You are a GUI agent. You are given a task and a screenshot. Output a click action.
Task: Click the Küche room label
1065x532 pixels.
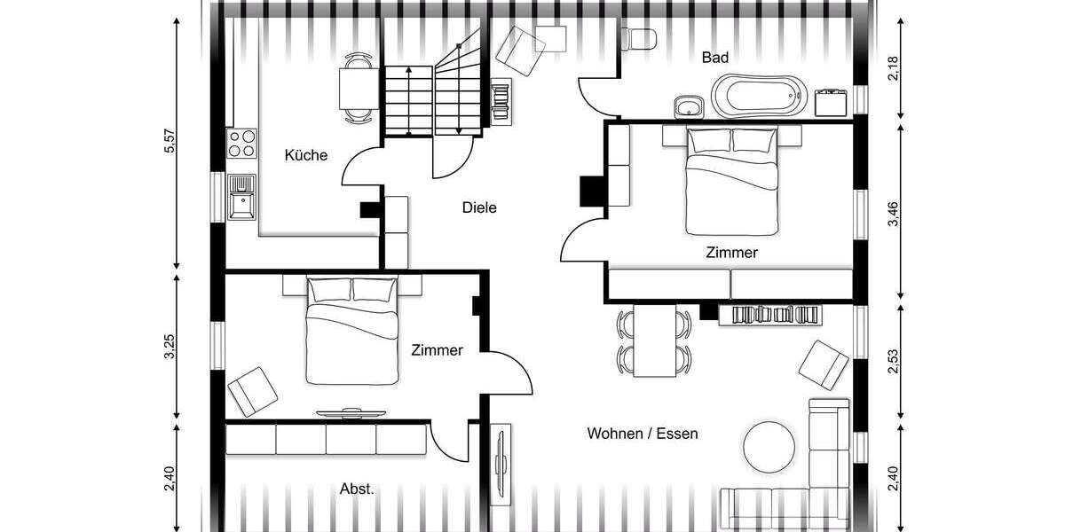tap(306, 156)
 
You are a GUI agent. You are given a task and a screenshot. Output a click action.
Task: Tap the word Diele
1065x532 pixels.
tap(479, 208)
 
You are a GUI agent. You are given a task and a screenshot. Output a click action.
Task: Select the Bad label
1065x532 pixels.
tap(715, 58)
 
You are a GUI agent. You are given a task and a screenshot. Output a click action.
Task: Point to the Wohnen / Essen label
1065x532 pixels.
tap(643, 434)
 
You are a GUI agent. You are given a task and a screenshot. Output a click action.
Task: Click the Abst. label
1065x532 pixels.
tap(358, 489)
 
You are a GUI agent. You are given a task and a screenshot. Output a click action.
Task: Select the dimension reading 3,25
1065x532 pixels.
tap(170, 348)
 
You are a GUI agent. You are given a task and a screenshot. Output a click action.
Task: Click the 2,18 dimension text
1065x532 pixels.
tap(894, 68)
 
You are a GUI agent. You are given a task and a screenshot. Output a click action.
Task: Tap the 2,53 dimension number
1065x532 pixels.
tap(894, 363)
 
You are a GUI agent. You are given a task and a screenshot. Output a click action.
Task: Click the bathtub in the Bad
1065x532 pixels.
tap(760, 97)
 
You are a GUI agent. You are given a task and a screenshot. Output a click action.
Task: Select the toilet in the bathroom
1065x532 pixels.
tap(639, 38)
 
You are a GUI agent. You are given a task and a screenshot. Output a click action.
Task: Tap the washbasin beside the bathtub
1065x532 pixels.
tap(689, 107)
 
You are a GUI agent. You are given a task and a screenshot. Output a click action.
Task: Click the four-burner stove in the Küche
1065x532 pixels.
tap(242, 144)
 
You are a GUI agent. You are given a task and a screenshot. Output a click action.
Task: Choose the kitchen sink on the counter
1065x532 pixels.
tap(241, 196)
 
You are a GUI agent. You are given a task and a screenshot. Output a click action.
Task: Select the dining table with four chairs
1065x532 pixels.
tap(655, 341)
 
